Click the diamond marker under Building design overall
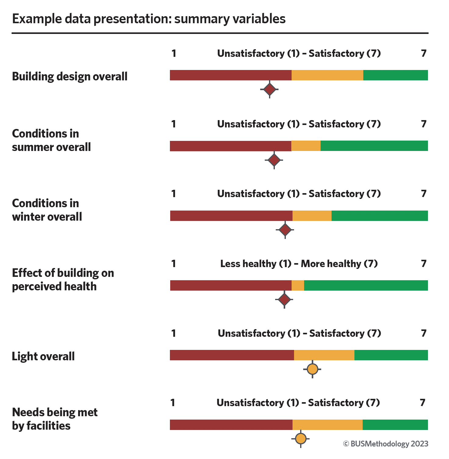[269, 90]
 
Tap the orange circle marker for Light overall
[312, 369]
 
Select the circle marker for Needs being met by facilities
[301, 439]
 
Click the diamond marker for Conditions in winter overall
[285, 230]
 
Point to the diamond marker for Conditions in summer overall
[274, 160]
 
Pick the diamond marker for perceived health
[284, 300]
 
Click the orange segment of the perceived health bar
[298, 285]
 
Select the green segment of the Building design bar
[396, 75]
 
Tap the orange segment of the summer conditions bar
[306, 146]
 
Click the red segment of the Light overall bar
[232, 355]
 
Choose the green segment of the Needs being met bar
[395, 425]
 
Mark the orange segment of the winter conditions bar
[312, 216]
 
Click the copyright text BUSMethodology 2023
[386, 444]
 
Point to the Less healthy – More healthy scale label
[299, 263]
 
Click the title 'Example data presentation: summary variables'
[149, 19]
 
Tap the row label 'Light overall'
[43, 356]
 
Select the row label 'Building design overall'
[70, 76]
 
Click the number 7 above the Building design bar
[423, 53]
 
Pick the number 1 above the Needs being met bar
[173, 403]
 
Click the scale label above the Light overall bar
[300, 333]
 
